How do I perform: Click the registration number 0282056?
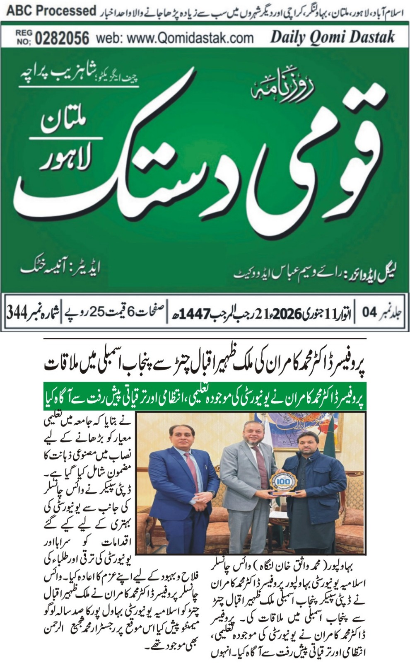(x=62, y=38)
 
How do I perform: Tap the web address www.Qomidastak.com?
(x=174, y=38)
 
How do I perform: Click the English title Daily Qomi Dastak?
(x=333, y=37)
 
